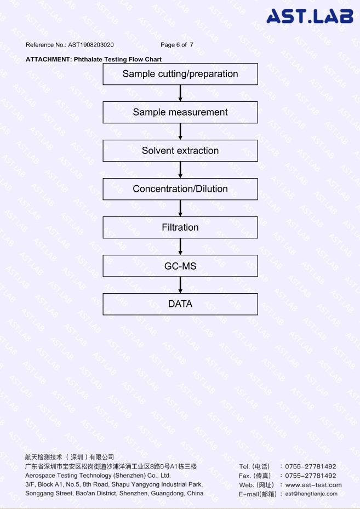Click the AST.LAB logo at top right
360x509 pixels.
click(310, 16)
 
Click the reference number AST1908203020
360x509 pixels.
click(91, 45)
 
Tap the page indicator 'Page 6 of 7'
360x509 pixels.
click(177, 45)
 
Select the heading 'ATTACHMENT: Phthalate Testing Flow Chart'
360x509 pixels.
click(94, 59)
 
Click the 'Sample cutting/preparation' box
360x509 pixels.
click(180, 74)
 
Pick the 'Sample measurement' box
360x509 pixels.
click(180, 112)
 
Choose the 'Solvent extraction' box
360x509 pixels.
click(180, 151)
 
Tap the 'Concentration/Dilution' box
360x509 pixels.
click(180, 189)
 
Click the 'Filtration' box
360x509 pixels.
click(180, 227)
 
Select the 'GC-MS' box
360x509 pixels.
click(180, 266)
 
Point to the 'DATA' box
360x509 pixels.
click(180, 304)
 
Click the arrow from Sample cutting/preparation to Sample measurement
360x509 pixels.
click(180, 93)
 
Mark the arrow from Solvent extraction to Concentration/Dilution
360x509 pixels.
click(180, 170)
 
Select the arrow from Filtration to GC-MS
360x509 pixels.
click(180, 247)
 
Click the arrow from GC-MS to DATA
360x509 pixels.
click(180, 285)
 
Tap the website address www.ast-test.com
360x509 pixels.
click(313, 485)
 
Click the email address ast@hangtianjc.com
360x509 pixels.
click(311, 494)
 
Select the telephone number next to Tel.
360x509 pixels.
click(311, 466)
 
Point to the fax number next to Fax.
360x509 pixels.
click(311, 476)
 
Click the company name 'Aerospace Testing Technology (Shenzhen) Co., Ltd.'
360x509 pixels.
click(98, 476)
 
